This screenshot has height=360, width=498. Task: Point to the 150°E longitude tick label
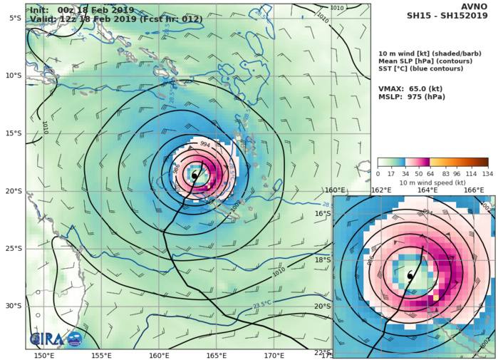tap(44, 354)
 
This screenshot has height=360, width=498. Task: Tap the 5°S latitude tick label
tap(15, 18)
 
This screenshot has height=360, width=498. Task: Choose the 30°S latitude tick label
tap(13, 306)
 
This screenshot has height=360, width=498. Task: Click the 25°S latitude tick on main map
tap(13, 248)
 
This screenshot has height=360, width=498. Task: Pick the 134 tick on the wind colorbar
tap(487, 173)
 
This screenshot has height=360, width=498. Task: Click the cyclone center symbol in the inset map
tap(410, 275)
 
